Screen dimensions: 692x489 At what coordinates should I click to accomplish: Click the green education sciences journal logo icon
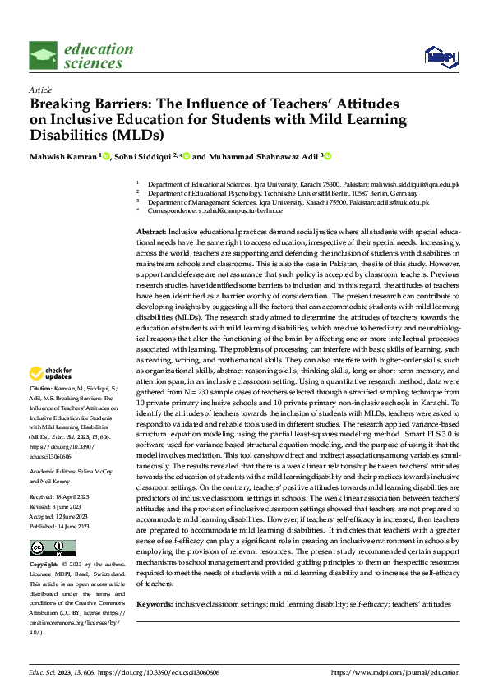43,57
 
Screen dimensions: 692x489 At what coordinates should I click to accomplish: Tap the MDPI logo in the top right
438,56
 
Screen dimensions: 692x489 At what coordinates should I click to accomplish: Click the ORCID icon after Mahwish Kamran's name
104,156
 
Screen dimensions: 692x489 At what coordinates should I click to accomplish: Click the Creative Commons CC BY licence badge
52,548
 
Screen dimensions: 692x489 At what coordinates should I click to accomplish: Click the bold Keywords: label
155,604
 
